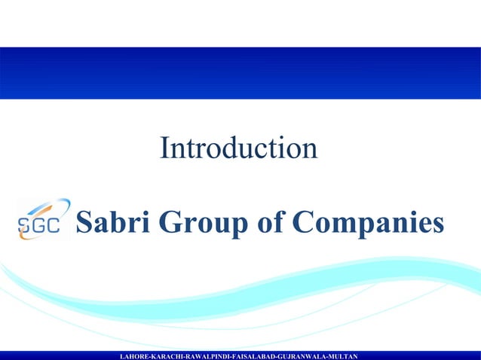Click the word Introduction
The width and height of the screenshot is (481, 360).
tap(238, 148)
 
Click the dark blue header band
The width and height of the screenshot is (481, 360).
tap(240, 73)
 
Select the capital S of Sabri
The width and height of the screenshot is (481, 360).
tap(85, 222)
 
